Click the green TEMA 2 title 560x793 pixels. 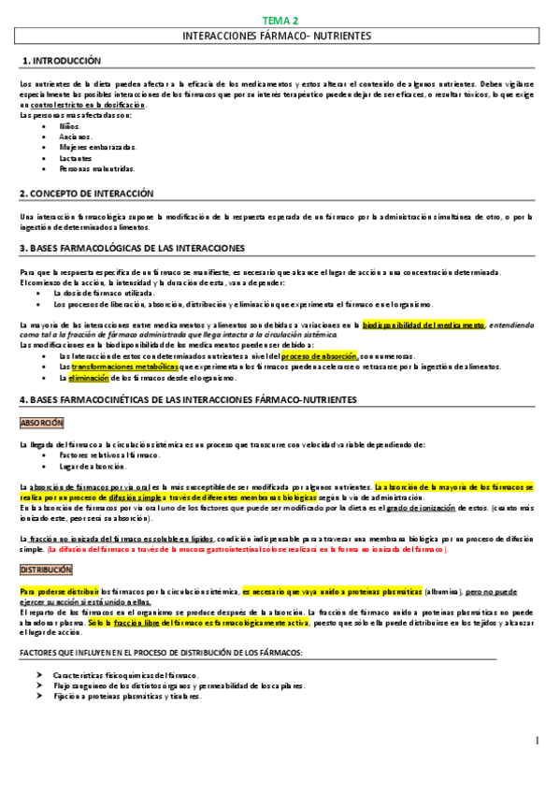pos(279,20)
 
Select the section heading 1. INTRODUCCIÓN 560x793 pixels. pos(61,60)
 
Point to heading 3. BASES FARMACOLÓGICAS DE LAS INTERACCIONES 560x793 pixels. pos(132,249)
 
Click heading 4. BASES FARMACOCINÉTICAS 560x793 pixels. pos(188,400)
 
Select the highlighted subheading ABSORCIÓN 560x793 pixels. pos(40,423)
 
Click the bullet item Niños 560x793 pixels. pos(69,124)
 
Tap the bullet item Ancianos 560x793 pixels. pos(75,136)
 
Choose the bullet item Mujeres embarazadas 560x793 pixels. pos(97,147)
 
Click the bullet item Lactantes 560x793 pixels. pos(75,158)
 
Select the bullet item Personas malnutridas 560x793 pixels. pos(96,169)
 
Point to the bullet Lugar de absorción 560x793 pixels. pos(92,466)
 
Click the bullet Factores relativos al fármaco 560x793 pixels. pos(108,454)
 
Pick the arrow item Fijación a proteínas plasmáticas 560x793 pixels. pos(127,696)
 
